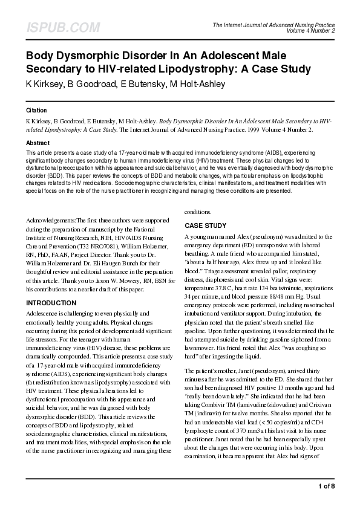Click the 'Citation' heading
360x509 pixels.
(x=37, y=111)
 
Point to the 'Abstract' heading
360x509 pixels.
(x=38, y=143)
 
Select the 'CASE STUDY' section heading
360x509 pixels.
(x=206, y=225)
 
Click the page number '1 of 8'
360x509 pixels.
(x=326, y=485)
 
